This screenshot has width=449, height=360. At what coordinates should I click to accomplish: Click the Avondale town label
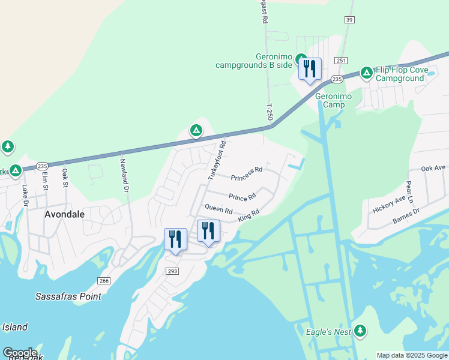click(64, 214)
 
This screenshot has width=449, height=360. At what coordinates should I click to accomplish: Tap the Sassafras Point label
click(68, 296)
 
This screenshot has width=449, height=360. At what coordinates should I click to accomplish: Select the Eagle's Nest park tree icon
click(360, 330)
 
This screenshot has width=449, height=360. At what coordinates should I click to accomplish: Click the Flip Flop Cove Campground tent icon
click(366, 73)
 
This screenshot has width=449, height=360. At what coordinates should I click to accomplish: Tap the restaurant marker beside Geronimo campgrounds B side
click(310, 69)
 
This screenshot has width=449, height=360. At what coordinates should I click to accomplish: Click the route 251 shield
click(342, 61)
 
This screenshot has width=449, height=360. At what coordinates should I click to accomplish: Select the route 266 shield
click(104, 281)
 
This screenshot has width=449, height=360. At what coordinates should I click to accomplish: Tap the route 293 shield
click(172, 272)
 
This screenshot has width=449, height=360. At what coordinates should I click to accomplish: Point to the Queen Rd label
click(218, 209)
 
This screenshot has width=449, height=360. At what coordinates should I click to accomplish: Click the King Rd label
click(248, 216)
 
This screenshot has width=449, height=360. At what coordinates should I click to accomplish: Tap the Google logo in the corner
click(20, 353)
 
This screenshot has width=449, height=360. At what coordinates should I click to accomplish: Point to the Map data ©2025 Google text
click(412, 355)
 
